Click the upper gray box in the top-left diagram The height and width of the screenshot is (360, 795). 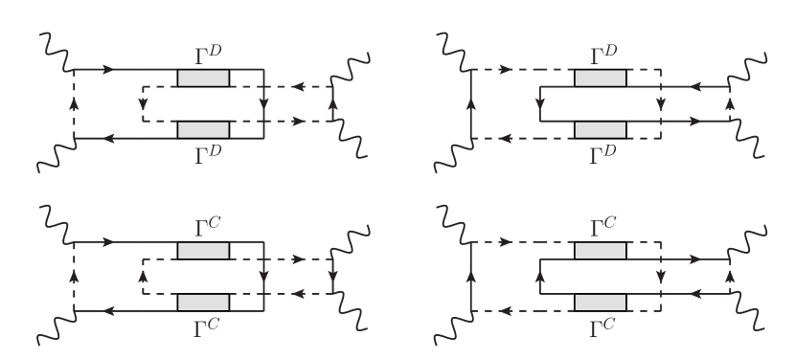(203, 79)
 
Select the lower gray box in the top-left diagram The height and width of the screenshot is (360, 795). (203, 129)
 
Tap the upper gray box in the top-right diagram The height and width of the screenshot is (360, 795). (601, 79)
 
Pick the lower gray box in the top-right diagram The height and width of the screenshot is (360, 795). (601, 129)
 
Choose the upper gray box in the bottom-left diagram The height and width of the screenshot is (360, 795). (203, 251)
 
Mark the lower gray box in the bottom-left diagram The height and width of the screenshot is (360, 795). (203, 302)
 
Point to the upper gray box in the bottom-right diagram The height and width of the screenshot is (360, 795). (601, 251)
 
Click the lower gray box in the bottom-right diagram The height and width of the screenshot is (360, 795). (601, 302)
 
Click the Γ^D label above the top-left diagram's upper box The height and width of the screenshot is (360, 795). (204, 54)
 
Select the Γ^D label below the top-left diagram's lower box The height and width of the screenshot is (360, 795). (204, 154)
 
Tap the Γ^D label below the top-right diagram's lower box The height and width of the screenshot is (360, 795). (602, 154)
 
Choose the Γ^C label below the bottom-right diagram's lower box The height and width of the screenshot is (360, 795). (602, 327)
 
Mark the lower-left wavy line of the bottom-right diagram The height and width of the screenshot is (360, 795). (454, 326)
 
